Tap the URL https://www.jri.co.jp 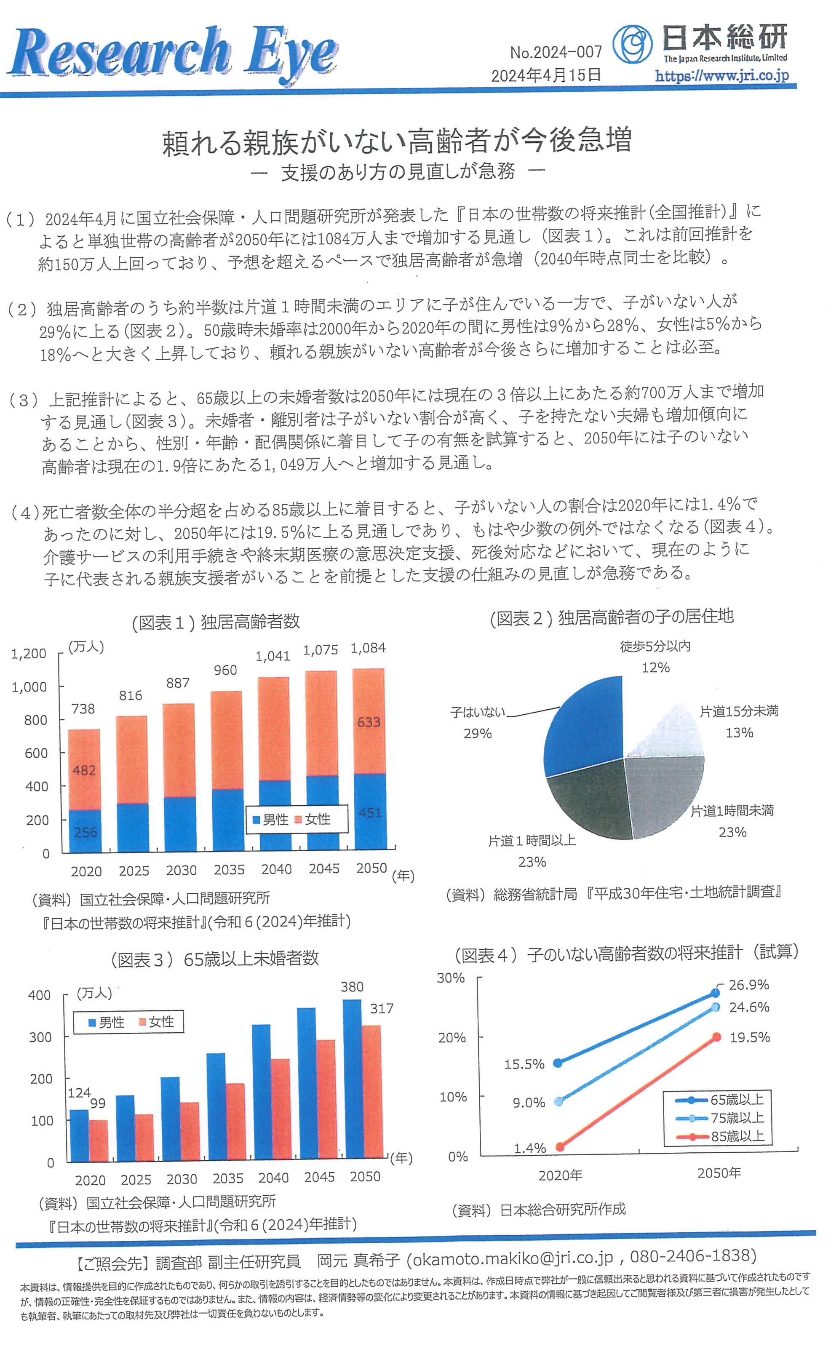[x=721, y=75]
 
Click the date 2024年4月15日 [x=546, y=75]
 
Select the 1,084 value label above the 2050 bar [x=369, y=648]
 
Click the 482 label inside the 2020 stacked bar [x=84, y=770]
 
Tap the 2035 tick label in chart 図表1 [x=229, y=870]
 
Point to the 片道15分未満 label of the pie [x=739, y=711]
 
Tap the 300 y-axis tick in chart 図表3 [x=40, y=1037]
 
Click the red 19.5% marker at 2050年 [x=716, y=1036]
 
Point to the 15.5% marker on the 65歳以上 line [x=558, y=1063]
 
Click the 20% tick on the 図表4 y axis [x=452, y=1038]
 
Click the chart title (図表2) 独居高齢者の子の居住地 [x=612, y=617]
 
